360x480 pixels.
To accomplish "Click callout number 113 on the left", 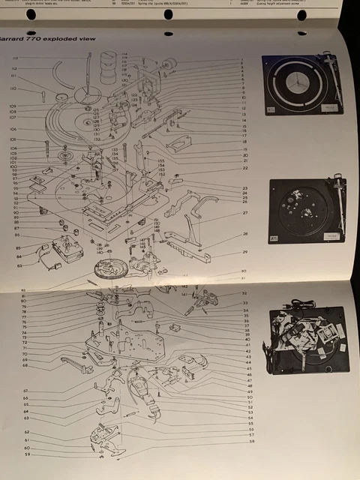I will (x=15, y=58).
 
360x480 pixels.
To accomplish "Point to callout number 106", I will (x=13, y=129).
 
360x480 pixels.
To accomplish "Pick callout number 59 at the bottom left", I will (x=27, y=454).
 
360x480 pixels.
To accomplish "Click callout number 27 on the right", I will (x=244, y=214).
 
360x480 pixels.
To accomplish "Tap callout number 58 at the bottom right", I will (x=251, y=442).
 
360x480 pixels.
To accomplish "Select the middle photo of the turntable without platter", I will (x=306, y=211).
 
